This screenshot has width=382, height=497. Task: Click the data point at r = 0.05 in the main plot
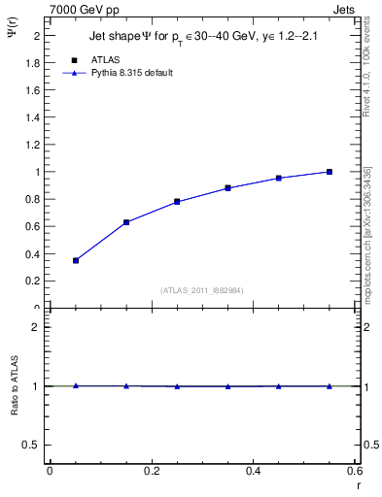pyautogui.click(x=76, y=260)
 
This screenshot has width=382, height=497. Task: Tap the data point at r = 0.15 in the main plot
pyautogui.click(x=126, y=222)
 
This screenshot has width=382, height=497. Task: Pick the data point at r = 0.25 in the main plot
pyautogui.click(x=177, y=202)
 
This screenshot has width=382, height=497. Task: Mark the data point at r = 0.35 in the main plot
pyautogui.click(x=227, y=188)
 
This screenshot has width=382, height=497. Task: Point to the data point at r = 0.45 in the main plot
pyautogui.click(x=279, y=178)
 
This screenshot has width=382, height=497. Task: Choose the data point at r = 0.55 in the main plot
pyautogui.click(x=330, y=172)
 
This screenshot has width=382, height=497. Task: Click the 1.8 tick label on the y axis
pyautogui.click(x=33, y=63)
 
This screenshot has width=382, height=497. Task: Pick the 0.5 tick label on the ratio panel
pyautogui.click(x=32, y=445)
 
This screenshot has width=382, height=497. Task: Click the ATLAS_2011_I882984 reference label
pyautogui.click(x=202, y=290)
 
